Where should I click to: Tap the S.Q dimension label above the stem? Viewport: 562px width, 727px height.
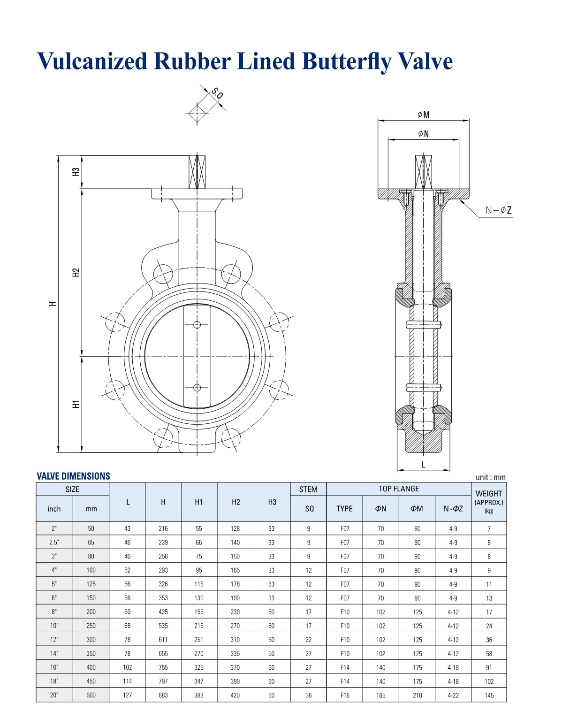(217, 94)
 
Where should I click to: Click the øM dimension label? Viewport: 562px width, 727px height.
(423, 115)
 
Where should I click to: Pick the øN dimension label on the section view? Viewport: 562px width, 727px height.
(423, 134)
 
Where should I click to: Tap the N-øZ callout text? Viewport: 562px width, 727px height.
(499, 211)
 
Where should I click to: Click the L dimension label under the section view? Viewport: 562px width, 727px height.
(423, 465)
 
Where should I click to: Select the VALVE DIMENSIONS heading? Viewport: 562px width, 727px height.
(73, 476)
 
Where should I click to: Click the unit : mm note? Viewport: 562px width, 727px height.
(491, 477)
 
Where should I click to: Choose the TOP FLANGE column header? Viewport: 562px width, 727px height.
(399, 489)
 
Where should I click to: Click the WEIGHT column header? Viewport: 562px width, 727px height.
(489, 494)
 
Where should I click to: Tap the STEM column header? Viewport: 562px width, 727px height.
(308, 489)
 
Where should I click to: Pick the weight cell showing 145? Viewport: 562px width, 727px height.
(489, 695)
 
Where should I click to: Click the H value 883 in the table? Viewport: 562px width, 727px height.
(163, 695)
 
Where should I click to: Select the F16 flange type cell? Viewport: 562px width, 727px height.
(345, 695)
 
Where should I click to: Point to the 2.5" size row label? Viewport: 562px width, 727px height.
(54, 543)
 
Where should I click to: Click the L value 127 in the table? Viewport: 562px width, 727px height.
(127, 695)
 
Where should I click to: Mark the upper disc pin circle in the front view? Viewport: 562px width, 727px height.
(197, 325)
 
